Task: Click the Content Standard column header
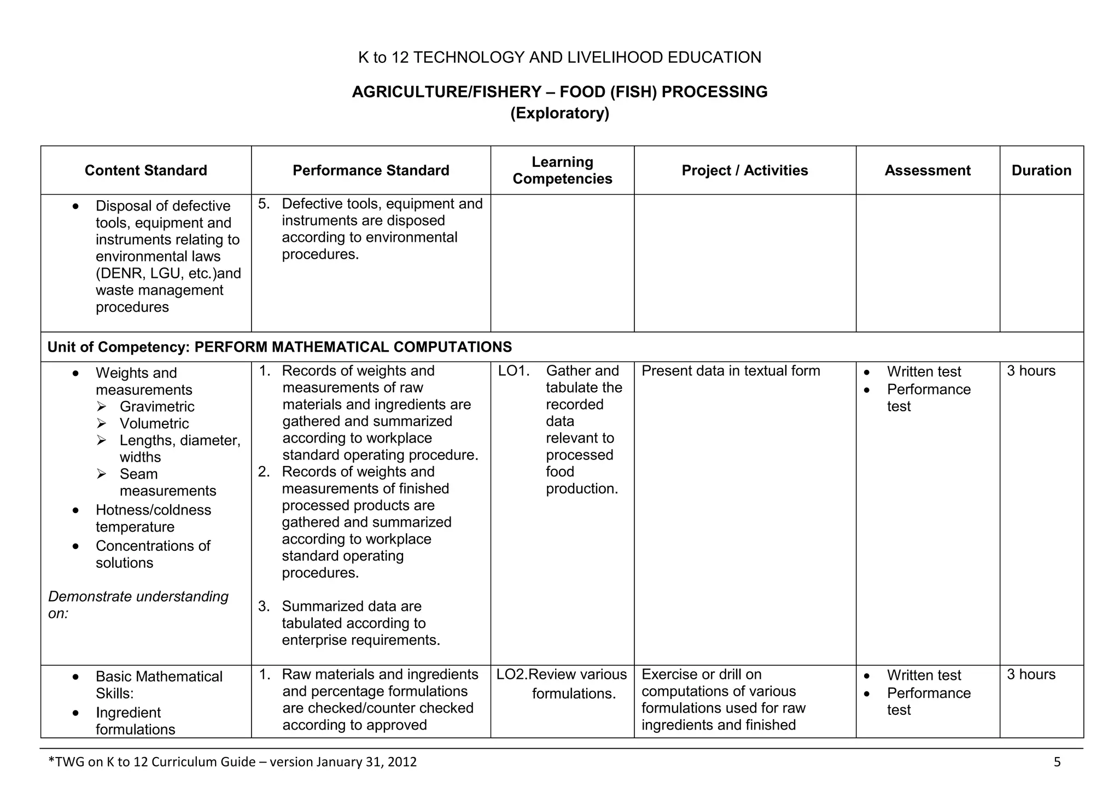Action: pos(145,171)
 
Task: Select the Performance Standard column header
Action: pos(371,171)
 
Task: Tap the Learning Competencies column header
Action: pos(562,171)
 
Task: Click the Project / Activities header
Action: pos(744,171)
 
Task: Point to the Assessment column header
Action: pos(927,171)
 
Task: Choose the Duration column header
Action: pos(1041,171)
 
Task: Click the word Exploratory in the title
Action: pos(559,113)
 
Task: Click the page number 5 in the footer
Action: pos(1057,762)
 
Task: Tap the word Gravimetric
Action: pos(157,407)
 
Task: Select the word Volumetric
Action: pos(154,424)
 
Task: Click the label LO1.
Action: pos(514,371)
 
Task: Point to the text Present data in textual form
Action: pos(731,371)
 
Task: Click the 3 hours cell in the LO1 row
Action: pos(1031,371)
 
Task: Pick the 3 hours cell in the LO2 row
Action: pos(1031,675)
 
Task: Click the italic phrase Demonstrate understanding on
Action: pos(138,604)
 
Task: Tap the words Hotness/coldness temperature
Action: pos(153,519)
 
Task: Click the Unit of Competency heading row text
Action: pos(279,347)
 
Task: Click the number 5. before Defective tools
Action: pos(264,204)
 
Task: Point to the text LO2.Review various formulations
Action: pos(562,684)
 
